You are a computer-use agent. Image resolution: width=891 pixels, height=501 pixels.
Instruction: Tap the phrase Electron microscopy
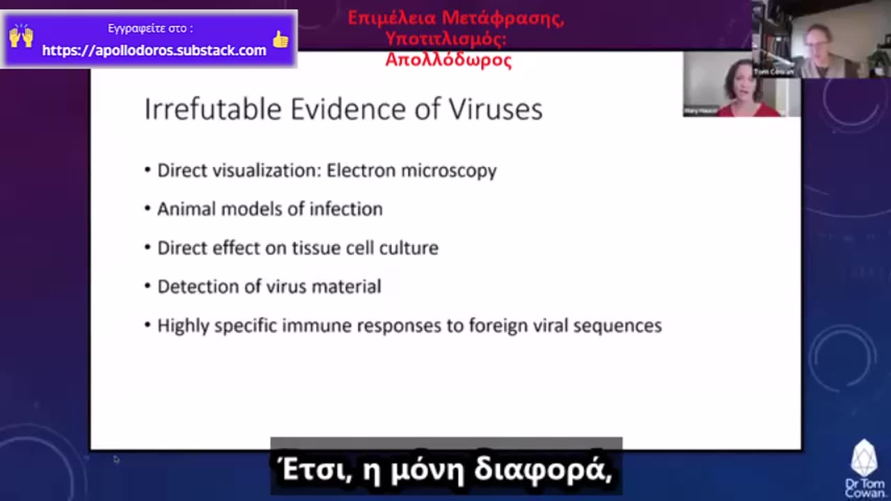pyautogui.click(x=411, y=170)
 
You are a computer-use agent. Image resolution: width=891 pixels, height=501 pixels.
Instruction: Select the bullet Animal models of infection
pyautogui.click(x=269, y=209)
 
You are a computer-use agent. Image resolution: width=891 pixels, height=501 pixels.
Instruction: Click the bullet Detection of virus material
pyautogui.click(x=269, y=287)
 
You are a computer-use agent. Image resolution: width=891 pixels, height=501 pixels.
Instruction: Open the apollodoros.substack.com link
pyautogui.click(x=154, y=50)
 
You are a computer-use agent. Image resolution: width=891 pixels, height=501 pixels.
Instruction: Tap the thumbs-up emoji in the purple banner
pyautogui.click(x=281, y=40)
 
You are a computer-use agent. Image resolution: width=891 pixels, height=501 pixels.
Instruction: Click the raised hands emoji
pyautogui.click(x=21, y=36)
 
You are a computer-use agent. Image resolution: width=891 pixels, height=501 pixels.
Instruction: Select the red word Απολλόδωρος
pyautogui.click(x=448, y=60)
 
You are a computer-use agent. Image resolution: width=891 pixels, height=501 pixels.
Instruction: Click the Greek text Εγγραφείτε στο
pyautogui.click(x=150, y=29)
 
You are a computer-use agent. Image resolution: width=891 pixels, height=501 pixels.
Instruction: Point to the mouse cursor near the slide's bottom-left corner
pyautogui.click(x=116, y=459)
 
